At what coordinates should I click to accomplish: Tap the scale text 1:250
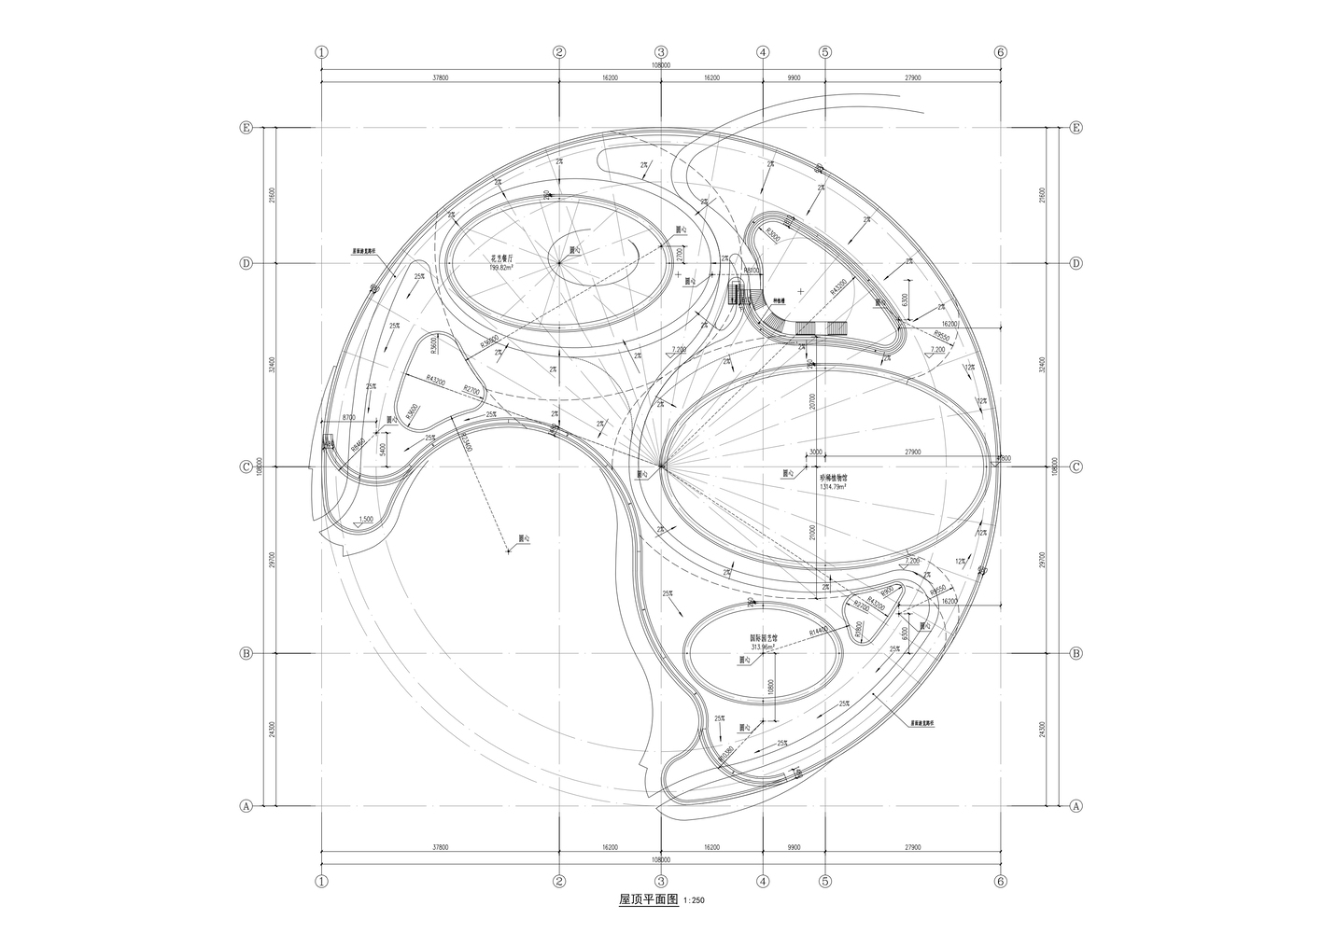696,901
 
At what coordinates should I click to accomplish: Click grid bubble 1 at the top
322,52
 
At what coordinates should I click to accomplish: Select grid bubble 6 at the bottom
1000,881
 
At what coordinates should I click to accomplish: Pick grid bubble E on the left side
246,127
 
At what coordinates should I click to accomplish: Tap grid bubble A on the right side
1076,805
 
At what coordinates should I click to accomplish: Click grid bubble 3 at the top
661,52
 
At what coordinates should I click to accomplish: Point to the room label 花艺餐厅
504,258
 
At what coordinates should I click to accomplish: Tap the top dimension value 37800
440,78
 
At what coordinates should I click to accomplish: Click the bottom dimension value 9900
794,847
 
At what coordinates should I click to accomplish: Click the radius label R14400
821,634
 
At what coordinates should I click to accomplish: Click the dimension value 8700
348,418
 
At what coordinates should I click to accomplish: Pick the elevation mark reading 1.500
366,518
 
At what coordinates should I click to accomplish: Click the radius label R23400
465,441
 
